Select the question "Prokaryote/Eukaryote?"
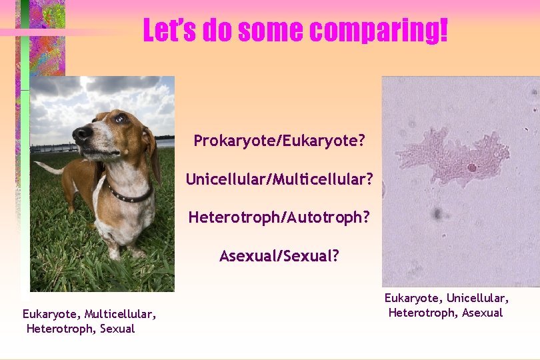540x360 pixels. pyautogui.click(x=279, y=141)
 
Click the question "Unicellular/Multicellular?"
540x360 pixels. pyautogui.click(x=279, y=179)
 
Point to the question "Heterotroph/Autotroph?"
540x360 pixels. pyautogui.click(x=279, y=217)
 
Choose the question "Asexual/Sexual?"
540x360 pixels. pyautogui.click(x=279, y=256)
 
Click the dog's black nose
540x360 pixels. pyautogui.click(x=82, y=134)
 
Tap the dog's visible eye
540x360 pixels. pyautogui.click(x=119, y=119)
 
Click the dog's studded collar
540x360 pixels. pyautogui.click(x=131, y=195)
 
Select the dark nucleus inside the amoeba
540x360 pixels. pyautogui.click(x=472, y=167)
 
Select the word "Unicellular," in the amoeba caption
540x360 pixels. pyautogui.click(x=477, y=298)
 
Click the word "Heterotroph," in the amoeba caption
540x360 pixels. pyautogui.click(x=418, y=313)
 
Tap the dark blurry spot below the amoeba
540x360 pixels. pyautogui.click(x=437, y=213)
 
